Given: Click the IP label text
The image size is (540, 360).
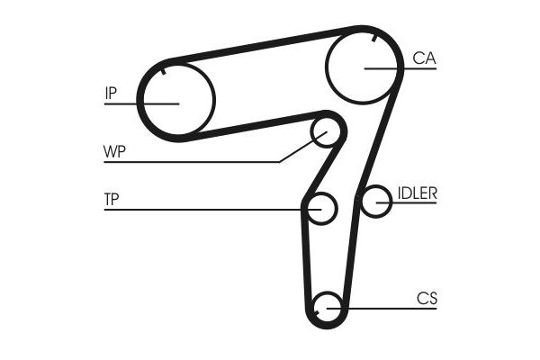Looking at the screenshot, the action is click(x=111, y=93).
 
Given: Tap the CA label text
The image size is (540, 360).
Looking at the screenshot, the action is click(x=424, y=58).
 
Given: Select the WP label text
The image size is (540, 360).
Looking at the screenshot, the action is click(x=114, y=151).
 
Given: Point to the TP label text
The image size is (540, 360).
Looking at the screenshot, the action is click(x=112, y=200).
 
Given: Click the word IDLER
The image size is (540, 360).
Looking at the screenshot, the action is click(x=418, y=193).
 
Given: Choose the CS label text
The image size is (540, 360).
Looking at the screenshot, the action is click(x=427, y=298).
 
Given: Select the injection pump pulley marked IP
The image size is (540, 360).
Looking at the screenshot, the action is click(x=177, y=100).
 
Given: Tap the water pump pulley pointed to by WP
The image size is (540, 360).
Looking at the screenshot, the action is click(x=326, y=132).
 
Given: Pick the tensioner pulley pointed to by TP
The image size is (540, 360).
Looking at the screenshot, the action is click(x=321, y=209).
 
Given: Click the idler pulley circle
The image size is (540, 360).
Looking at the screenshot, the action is click(x=376, y=202).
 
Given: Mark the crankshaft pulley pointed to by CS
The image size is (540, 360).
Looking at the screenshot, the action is click(x=328, y=307).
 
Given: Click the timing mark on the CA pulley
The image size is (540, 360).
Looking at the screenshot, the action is click(x=374, y=38).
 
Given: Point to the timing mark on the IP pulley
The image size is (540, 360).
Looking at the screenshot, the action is click(x=164, y=71).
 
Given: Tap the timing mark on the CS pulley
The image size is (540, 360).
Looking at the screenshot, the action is click(x=317, y=313).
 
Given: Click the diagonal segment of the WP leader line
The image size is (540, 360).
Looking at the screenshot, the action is click(x=302, y=147).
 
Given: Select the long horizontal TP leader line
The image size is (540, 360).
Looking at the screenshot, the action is click(x=212, y=210).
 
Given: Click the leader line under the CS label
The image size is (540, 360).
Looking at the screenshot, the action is click(x=382, y=309).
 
